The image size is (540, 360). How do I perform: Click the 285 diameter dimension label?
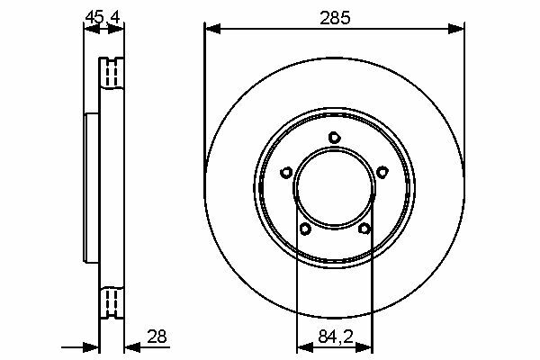coord(335,18)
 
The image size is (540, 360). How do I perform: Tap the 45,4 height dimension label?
coord(103,17)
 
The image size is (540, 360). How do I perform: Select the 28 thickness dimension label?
coord(157,337)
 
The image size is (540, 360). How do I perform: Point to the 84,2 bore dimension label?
coord(336,337)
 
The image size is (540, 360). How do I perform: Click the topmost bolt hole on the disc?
coord(334,138)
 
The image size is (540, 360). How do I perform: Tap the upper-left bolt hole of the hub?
coord(286,172)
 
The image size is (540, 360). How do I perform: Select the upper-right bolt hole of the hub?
coord(382,172)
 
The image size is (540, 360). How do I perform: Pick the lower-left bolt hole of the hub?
coord(305,229)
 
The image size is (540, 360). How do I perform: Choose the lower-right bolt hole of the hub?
coord(364,229)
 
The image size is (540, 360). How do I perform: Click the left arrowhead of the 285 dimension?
coord(212,29)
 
